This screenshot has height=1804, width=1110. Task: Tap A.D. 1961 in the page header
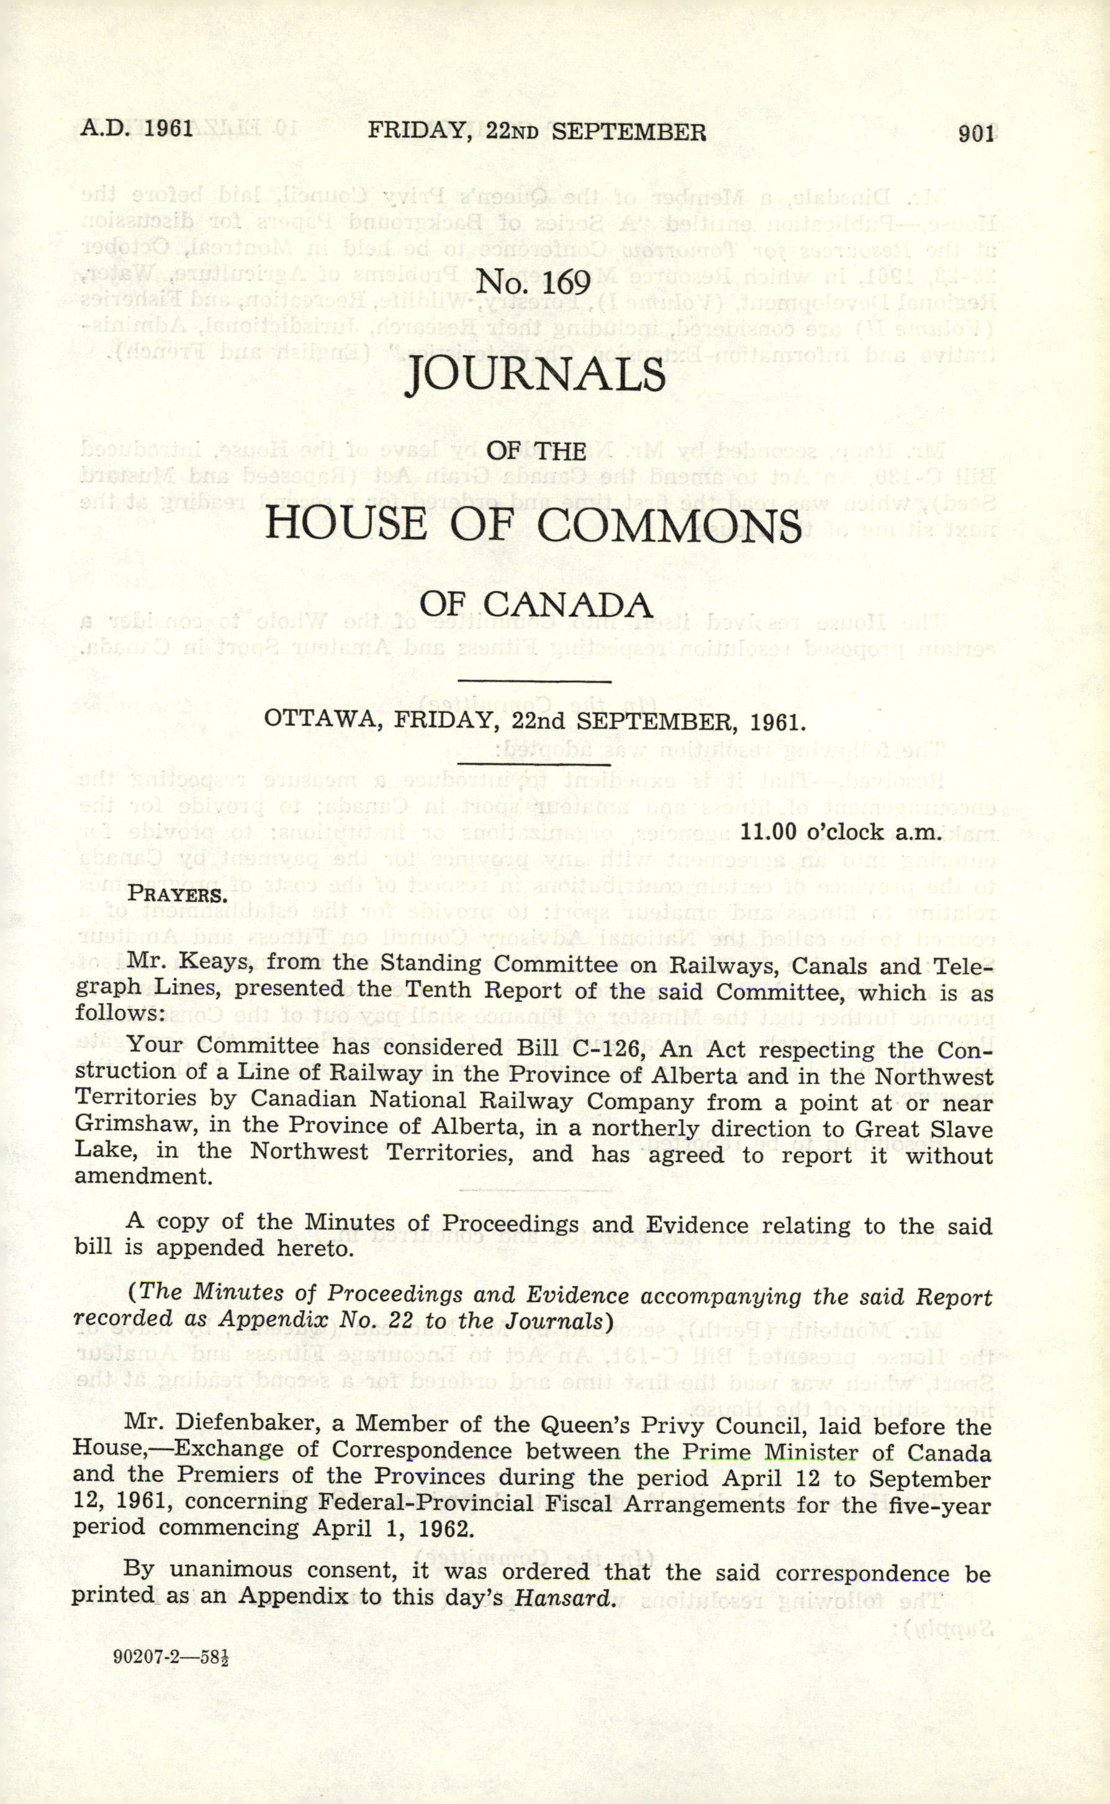137,129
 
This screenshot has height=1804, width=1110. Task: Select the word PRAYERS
177,895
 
